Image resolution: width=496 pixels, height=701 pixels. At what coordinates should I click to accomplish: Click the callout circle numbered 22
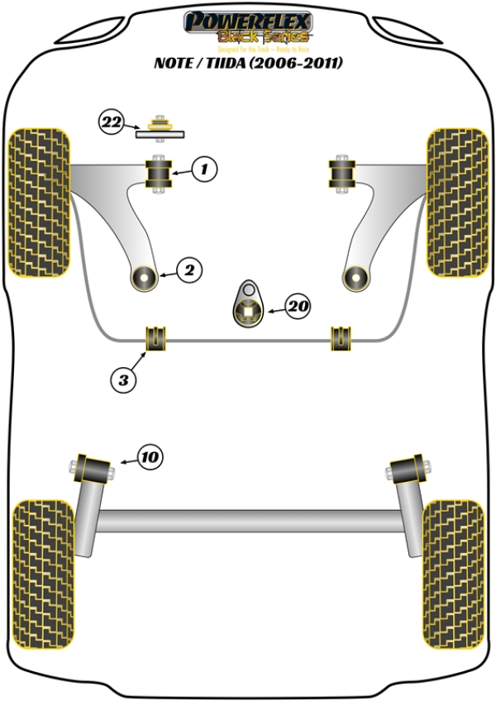pos(112,123)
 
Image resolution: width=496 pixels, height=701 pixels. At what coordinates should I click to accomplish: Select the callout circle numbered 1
pos(205,170)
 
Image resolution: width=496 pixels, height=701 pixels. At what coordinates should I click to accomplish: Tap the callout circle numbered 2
pos(188,269)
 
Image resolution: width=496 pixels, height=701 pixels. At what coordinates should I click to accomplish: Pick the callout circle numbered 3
pos(122,379)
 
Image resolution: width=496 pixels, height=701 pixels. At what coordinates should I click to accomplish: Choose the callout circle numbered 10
pos(150,456)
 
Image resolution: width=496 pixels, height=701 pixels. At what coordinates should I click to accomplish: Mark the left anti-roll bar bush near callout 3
pos(156,337)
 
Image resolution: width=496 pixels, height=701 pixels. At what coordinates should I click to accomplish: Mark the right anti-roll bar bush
pos(341,337)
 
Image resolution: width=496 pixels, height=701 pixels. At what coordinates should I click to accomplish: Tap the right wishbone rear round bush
pos(355,277)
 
